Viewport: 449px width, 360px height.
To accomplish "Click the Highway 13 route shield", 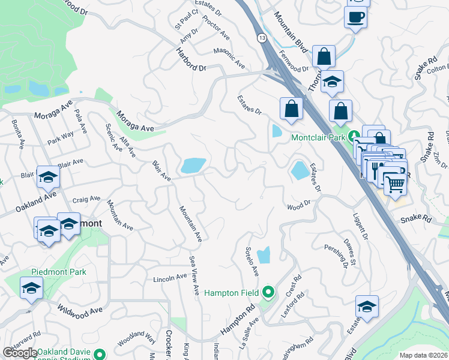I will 262,38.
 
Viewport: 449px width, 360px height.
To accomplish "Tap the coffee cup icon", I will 355,17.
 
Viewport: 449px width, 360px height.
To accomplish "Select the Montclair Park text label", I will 318,137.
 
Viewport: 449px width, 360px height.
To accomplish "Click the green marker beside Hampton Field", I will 268,292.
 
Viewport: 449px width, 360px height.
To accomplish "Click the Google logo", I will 20,353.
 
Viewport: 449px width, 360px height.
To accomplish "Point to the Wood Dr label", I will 298,206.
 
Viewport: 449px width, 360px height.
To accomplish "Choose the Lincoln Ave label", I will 170,278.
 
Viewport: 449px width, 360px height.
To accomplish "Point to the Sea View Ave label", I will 194,275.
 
